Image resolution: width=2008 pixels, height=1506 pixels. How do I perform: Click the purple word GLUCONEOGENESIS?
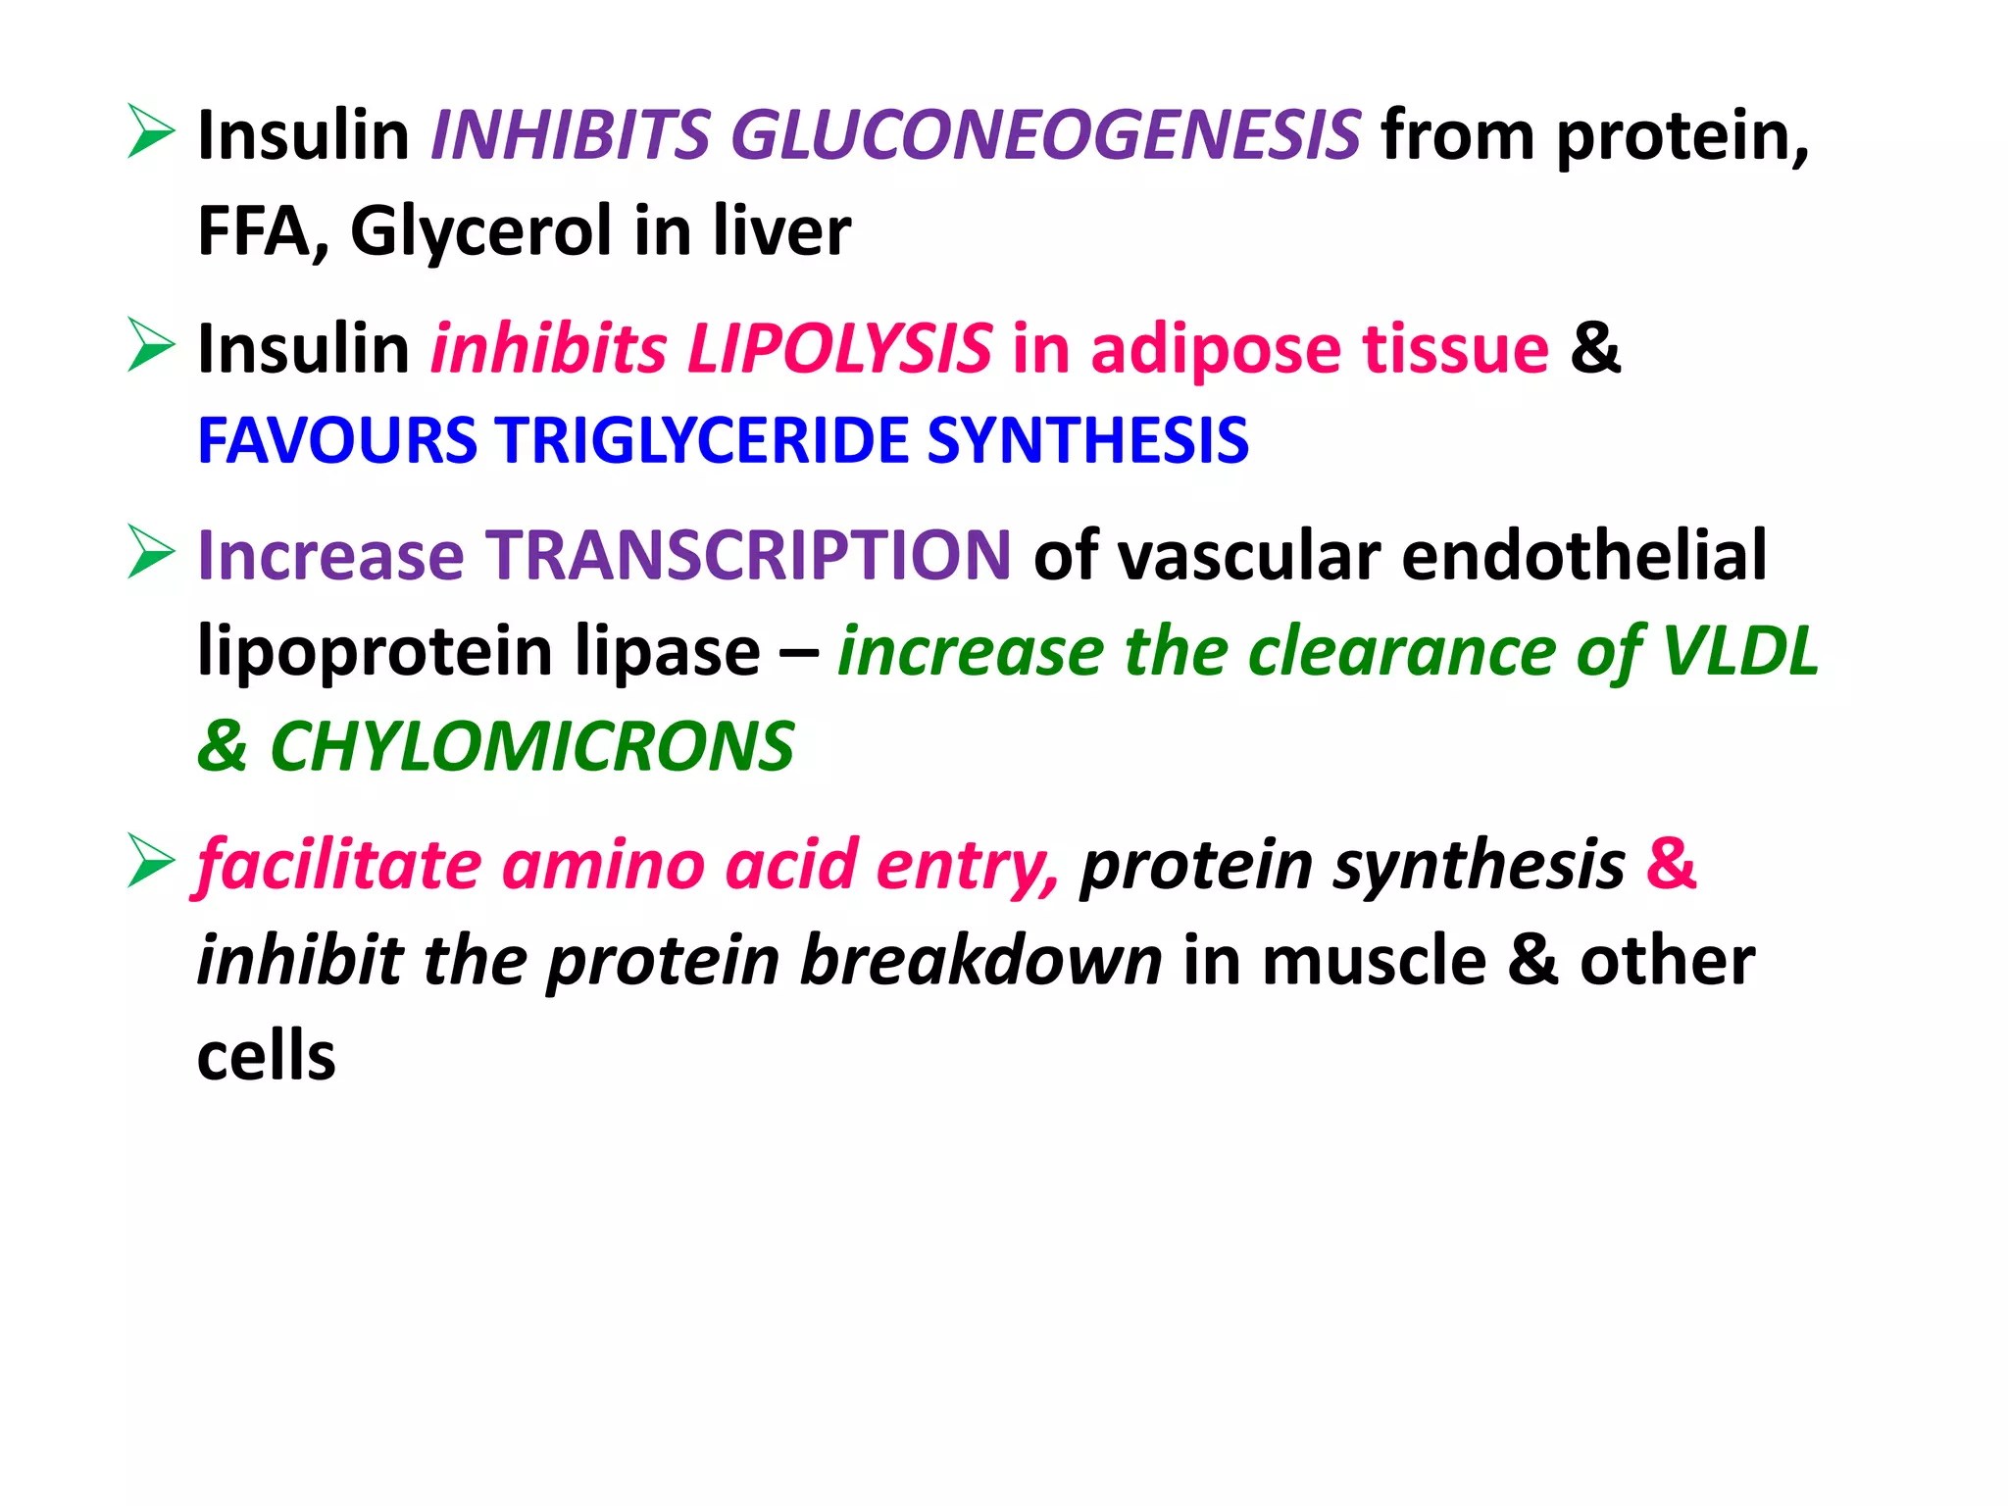pyautogui.click(x=1045, y=135)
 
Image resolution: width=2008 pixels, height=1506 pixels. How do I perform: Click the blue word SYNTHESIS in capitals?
pyautogui.click(x=1087, y=440)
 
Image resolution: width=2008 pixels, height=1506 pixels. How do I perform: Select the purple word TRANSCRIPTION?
pyautogui.click(x=749, y=555)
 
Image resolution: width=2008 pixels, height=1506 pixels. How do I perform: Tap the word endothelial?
pyautogui.click(x=1583, y=555)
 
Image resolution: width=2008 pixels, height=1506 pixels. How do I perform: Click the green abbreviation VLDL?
pyautogui.click(x=1740, y=651)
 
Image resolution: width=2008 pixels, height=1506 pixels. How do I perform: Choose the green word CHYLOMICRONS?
pyautogui.click(x=531, y=747)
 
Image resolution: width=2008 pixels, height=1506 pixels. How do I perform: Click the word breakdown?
pyautogui.click(x=981, y=961)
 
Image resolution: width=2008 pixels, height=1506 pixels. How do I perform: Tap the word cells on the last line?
pyautogui.click(x=267, y=1056)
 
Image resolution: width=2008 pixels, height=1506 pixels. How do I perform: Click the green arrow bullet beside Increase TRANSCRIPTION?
pyautogui.click(x=151, y=552)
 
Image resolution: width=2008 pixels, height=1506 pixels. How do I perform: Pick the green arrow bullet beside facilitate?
pyautogui.click(x=151, y=862)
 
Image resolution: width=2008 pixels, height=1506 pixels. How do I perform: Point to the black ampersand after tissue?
pyautogui.click(x=1595, y=349)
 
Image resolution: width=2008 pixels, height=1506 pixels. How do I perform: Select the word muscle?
pyautogui.click(x=1374, y=961)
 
